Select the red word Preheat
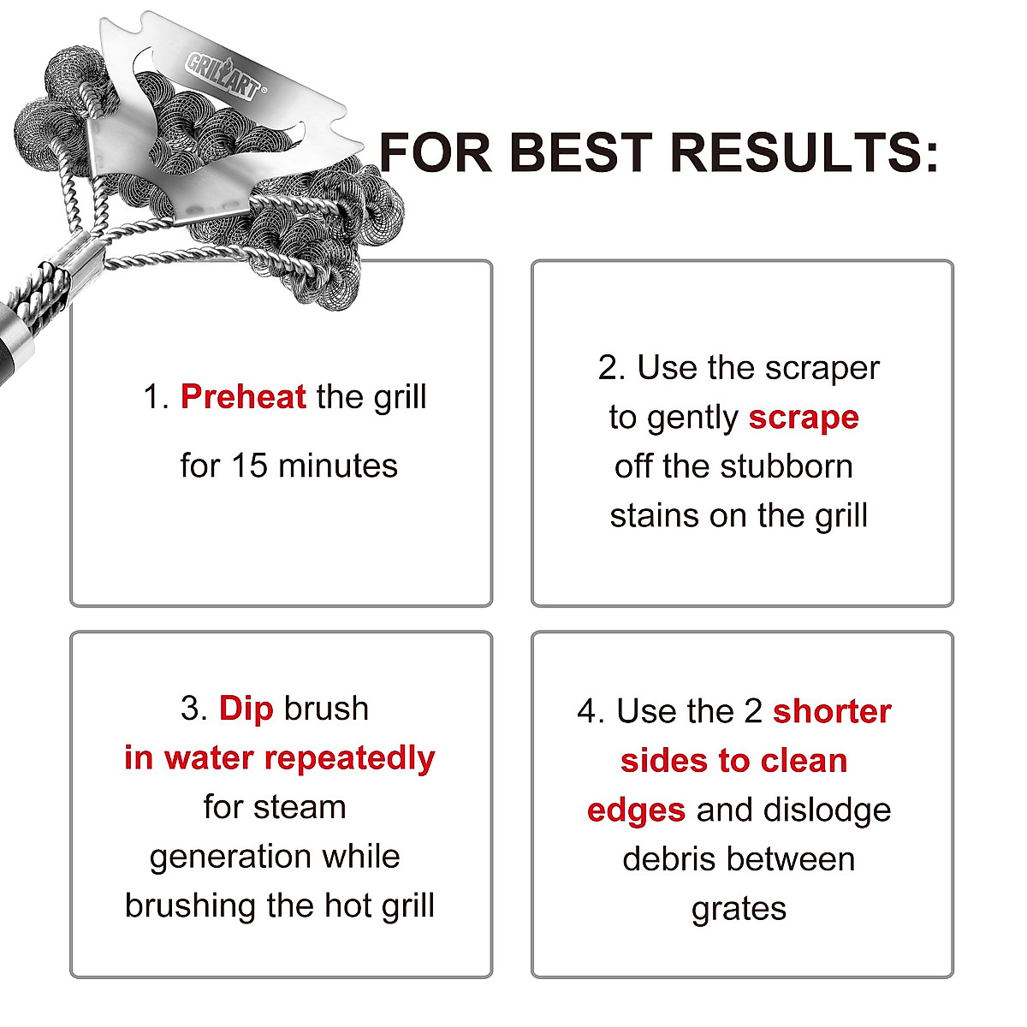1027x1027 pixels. [243, 397]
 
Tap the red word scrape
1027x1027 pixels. [804, 418]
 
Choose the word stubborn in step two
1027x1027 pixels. [787, 466]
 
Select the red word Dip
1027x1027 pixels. [246, 709]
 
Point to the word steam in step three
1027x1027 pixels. [305, 807]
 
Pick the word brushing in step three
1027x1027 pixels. [191, 905]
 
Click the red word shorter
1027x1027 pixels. [832, 711]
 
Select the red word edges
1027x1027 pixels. [636, 810]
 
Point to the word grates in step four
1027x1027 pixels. [739, 909]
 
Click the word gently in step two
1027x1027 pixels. [693, 419]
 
